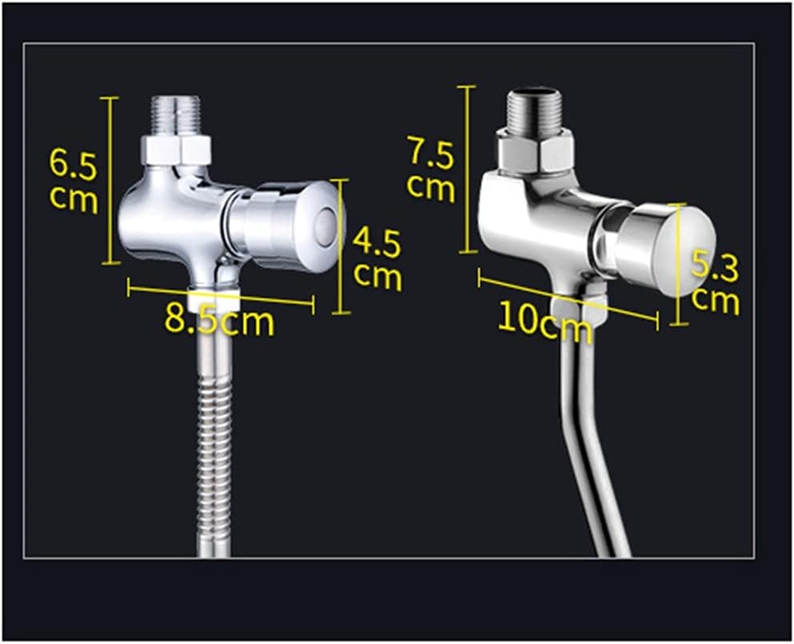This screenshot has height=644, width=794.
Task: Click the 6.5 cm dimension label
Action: point(74,181)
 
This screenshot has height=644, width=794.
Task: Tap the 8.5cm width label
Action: point(219,321)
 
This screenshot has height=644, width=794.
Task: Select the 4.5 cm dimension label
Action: point(377,258)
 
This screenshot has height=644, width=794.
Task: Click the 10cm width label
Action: point(545,318)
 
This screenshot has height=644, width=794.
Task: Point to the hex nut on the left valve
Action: point(177,150)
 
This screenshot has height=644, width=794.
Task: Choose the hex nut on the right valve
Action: point(535,150)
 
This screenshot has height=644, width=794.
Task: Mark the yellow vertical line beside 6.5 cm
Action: point(110,180)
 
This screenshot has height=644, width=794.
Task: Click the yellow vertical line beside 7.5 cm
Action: point(469,168)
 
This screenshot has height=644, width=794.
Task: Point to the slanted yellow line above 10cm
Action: point(567,301)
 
